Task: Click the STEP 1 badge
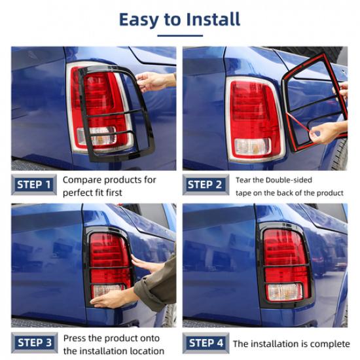[33, 185]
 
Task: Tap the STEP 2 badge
[205, 185]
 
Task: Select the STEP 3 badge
[33, 342]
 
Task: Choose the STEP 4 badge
[205, 342]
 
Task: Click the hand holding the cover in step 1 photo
[154, 81]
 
